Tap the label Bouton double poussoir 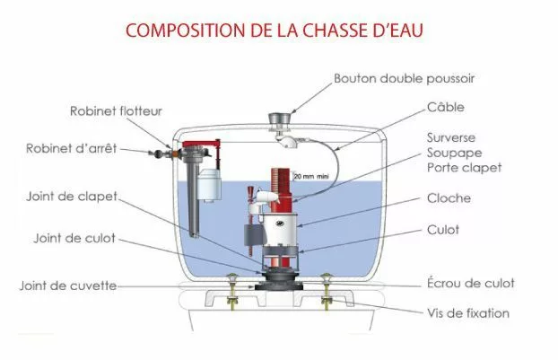pyautogui.click(x=405, y=79)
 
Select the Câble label pyautogui.click(x=446, y=107)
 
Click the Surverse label pyautogui.click(x=451, y=137)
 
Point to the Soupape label pyautogui.click(x=455, y=154)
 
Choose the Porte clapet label pyautogui.click(x=465, y=168)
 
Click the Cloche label pyautogui.click(x=449, y=198)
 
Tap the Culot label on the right pyautogui.click(x=442, y=230)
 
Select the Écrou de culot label pyautogui.click(x=470, y=283)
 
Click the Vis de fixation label pyautogui.click(x=468, y=313)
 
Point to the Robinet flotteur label pyautogui.click(x=116, y=111)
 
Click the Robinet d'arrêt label pyautogui.click(x=71, y=148)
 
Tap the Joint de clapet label pyautogui.click(x=72, y=197)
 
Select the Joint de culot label pyautogui.click(x=74, y=238)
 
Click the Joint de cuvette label pyautogui.click(x=68, y=285)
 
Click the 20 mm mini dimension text pyautogui.click(x=311, y=176)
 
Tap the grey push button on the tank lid pyautogui.click(x=279, y=119)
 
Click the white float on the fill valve pyautogui.click(x=209, y=185)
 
